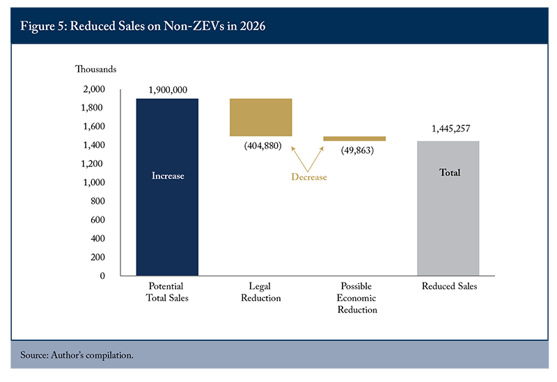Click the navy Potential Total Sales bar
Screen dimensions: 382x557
(x=167, y=187)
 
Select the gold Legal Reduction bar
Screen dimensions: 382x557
(x=260, y=117)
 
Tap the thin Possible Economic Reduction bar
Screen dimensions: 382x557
(x=354, y=138)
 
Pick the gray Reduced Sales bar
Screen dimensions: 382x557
(x=448, y=208)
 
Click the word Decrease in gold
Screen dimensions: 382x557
(x=308, y=177)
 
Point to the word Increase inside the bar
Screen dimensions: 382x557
(x=168, y=176)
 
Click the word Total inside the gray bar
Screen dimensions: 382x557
(x=450, y=173)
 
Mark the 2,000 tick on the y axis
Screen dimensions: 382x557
(x=93, y=89)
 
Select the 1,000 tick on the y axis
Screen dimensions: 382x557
(x=93, y=182)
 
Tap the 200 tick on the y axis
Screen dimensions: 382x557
(x=97, y=257)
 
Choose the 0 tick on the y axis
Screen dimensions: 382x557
(x=102, y=276)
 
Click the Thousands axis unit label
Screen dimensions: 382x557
(x=96, y=69)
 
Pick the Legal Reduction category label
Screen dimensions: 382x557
(x=260, y=292)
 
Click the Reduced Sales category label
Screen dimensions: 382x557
(x=449, y=287)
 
